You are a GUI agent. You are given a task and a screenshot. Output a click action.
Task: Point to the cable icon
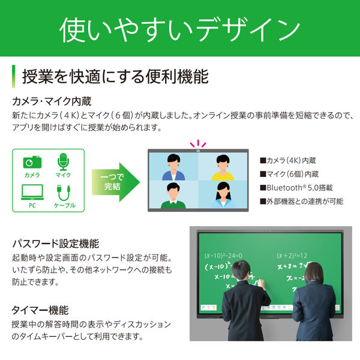pyautogui.click(x=62, y=192)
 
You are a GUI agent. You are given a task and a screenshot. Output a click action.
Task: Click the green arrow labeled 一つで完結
pyautogui.click(x=115, y=179)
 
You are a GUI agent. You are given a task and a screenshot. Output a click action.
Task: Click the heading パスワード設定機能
pyautogui.click(x=55, y=244)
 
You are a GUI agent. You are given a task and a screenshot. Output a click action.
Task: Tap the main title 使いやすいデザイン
pyautogui.click(x=180, y=29)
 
